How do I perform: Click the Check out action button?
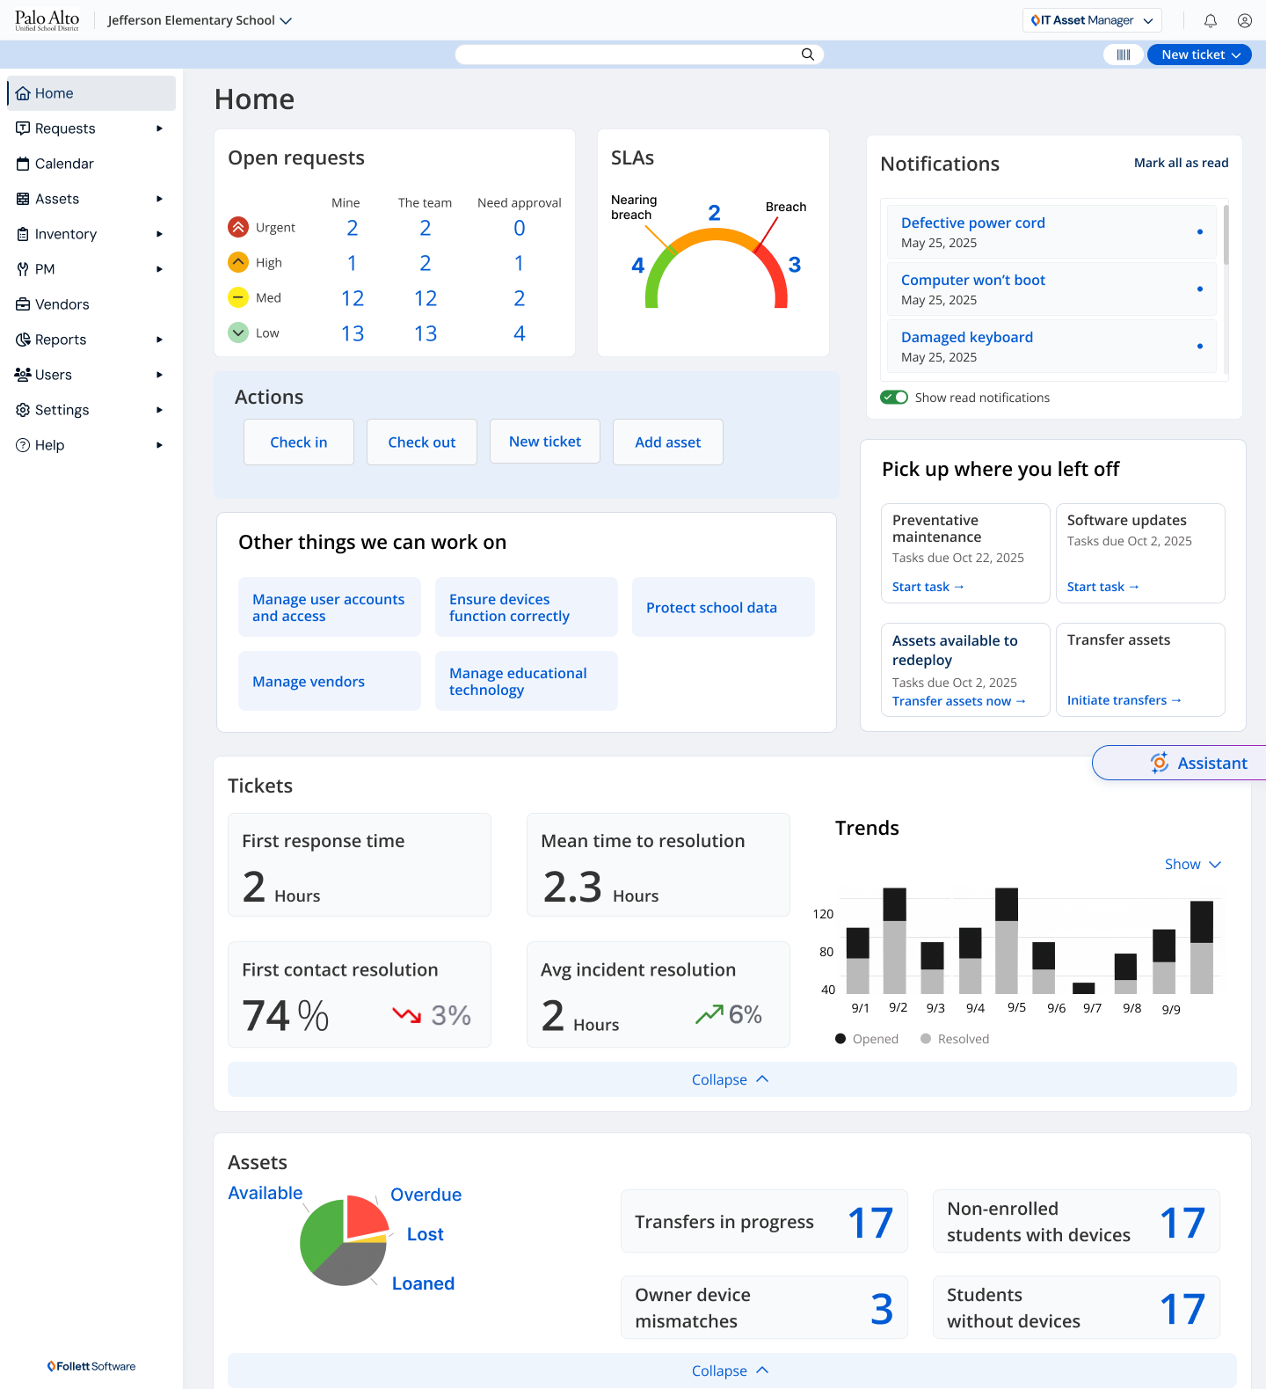tap(422, 442)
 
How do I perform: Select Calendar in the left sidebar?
tap(64, 164)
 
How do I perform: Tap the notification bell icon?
tap(1211, 21)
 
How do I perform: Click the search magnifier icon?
tap(807, 55)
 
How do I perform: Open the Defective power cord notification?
tap(973, 223)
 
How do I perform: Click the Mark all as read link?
tap(1181, 163)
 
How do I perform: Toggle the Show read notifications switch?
tap(895, 398)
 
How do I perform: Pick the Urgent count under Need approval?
tap(520, 229)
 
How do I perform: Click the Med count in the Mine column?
tap(353, 299)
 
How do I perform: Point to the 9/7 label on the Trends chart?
tap(1092, 1008)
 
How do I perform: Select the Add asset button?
tap(668, 442)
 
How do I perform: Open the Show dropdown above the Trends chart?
tap(1192, 865)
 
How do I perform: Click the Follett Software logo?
tap(91, 1366)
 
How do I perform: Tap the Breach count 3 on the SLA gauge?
tap(795, 265)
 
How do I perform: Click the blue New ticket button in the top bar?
tap(1199, 55)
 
